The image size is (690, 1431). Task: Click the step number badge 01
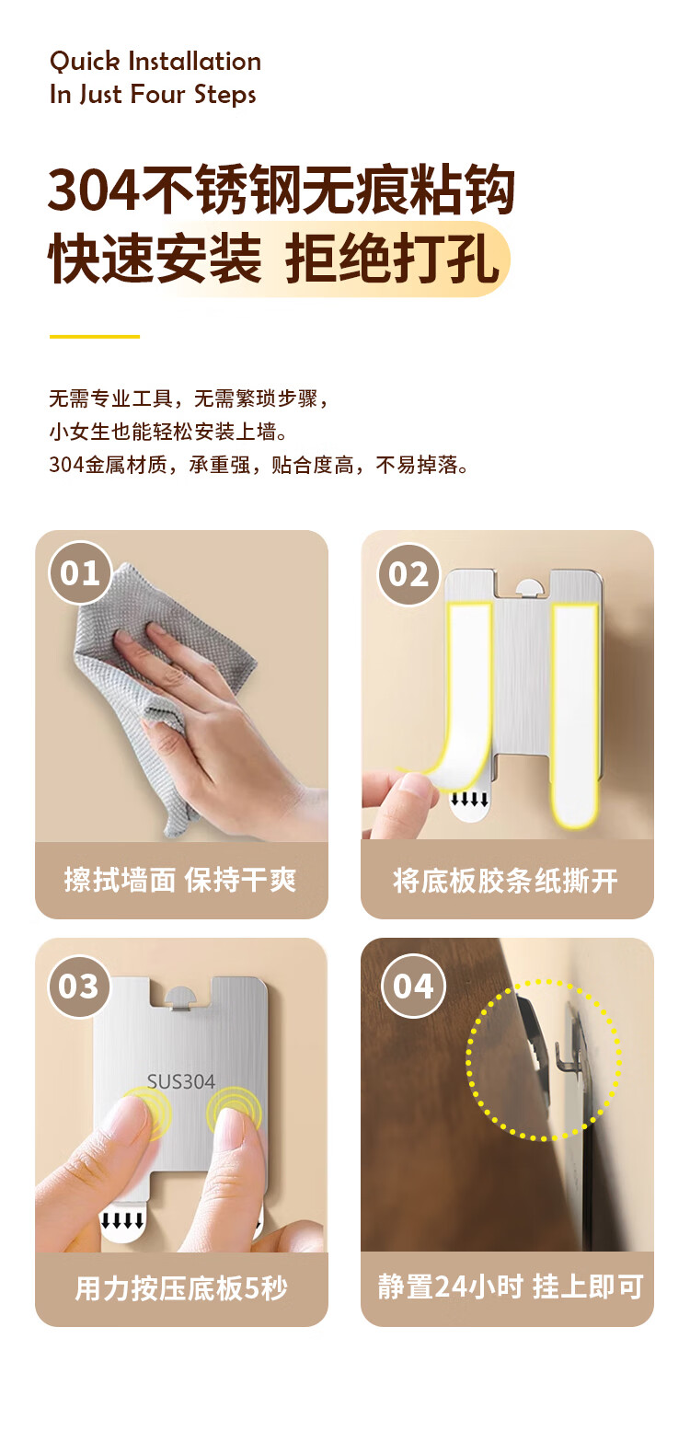click(x=81, y=572)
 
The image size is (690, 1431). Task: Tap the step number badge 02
click(x=408, y=573)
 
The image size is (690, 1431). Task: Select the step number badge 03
click(x=79, y=986)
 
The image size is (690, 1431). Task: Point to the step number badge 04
click(x=413, y=986)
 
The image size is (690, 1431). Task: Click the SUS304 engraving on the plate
click(x=181, y=1081)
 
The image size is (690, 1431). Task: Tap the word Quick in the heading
click(x=85, y=62)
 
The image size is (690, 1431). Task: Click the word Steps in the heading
click(x=224, y=95)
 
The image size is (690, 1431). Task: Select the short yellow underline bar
click(x=95, y=336)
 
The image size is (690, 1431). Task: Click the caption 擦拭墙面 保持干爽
click(x=180, y=880)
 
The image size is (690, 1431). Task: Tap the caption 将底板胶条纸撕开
click(x=505, y=881)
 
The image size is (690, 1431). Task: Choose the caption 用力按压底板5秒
click(x=181, y=1287)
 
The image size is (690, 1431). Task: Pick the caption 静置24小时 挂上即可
click(x=511, y=1286)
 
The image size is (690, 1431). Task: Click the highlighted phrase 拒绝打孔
click(x=392, y=258)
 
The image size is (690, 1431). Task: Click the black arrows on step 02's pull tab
click(x=469, y=799)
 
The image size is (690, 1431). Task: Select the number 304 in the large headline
click(x=93, y=190)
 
